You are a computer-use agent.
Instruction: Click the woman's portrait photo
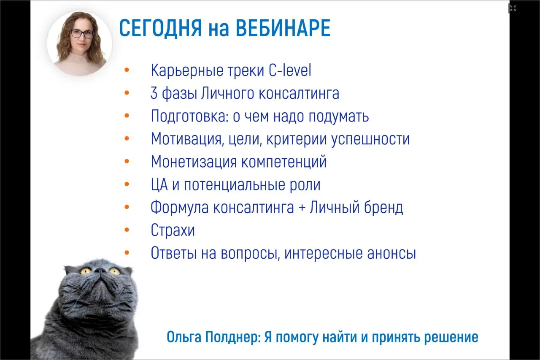tap(79, 43)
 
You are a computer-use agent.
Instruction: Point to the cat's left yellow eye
tap(86, 271)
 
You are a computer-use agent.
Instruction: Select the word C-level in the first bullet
tap(290, 70)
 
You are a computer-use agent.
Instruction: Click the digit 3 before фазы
tap(154, 93)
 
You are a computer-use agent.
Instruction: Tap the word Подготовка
tap(190, 116)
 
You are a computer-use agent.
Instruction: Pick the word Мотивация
tap(186, 139)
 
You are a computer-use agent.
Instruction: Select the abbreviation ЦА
tap(159, 185)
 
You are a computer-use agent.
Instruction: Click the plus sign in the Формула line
tap(302, 208)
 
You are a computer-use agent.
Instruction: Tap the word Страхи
tap(173, 230)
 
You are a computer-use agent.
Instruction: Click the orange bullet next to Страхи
tap(127, 230)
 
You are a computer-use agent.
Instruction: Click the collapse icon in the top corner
tap(513, 8)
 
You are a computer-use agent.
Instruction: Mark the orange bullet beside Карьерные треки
tap(127, 70)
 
